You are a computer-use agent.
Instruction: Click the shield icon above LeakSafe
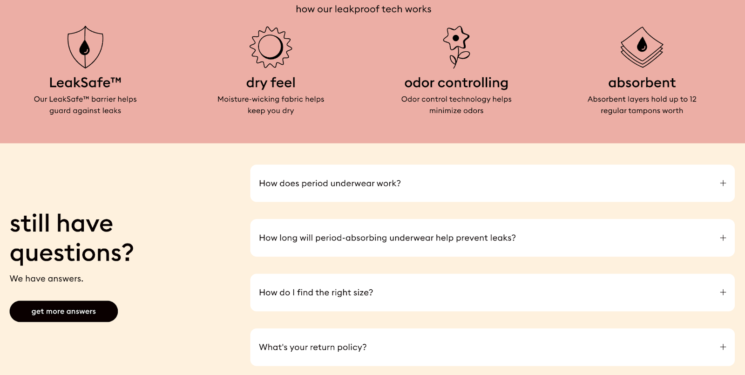(85, 47)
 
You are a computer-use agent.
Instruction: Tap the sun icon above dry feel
(271, 47)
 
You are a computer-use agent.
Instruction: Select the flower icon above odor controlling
(456, 47)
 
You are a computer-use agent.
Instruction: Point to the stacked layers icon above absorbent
(642, 47)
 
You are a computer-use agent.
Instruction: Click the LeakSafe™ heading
(85, 82)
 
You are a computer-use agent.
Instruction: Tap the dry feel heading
(271, 82)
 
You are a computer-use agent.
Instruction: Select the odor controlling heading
(456, 82)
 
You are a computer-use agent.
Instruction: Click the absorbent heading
(642, 82)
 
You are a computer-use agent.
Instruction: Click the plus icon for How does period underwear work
(723, 183)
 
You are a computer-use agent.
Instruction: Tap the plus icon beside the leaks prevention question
(723, 238)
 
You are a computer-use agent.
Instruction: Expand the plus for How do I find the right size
(723, 292)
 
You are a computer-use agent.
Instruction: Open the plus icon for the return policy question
(723, 347)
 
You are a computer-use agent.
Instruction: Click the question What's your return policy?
(312, 347)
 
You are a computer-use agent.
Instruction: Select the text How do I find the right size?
(316, 293)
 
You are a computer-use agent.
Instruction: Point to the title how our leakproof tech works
(363, 9)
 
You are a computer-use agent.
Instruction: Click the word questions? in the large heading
(72, 253)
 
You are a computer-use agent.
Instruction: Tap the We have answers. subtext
(47, 279)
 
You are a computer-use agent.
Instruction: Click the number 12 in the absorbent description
(693, 99)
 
